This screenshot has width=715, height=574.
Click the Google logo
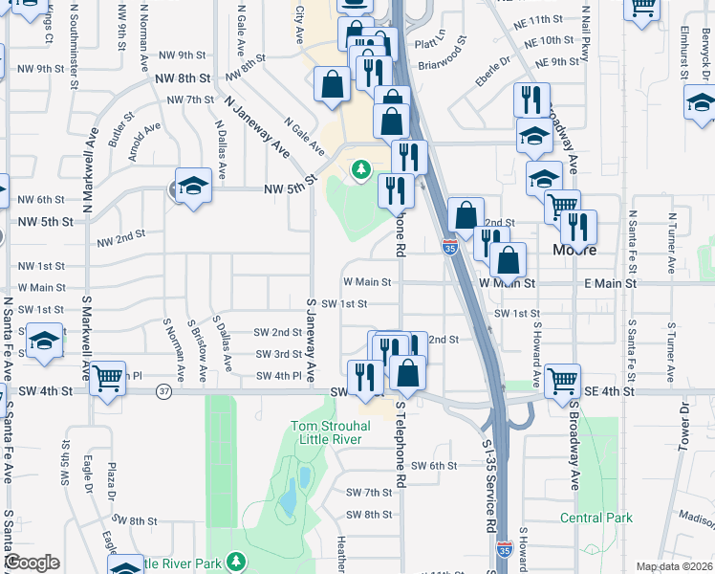(x=32, y=563)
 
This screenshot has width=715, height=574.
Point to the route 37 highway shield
(x=164, y=391)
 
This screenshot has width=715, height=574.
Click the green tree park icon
(x=361, y=170)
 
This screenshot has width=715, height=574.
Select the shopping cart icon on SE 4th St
(x=562, y=380)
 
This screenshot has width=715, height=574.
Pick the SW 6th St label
(x=435, y=466)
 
